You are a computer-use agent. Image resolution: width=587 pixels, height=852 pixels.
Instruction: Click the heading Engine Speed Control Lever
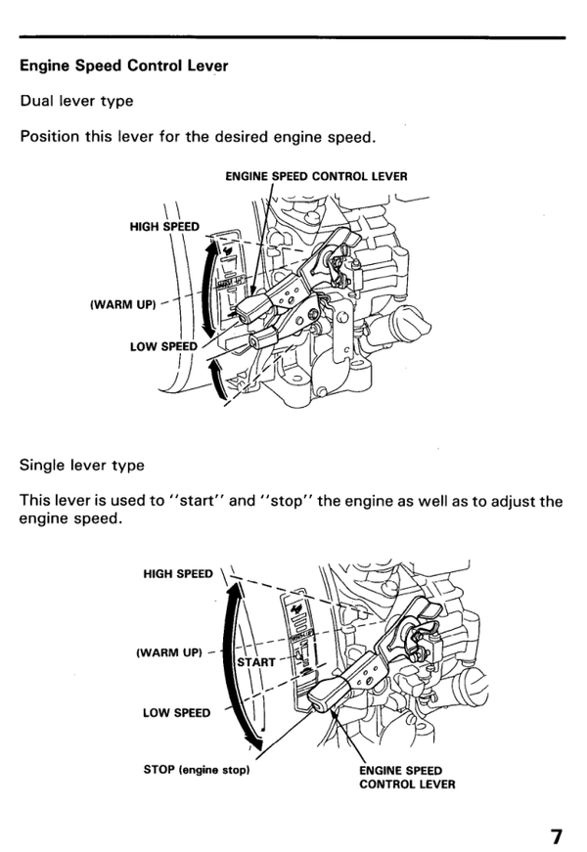(123, 67)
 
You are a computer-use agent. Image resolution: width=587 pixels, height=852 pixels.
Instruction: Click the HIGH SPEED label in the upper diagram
(164, 227)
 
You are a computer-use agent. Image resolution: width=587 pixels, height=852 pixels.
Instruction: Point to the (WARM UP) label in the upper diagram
(122, 304)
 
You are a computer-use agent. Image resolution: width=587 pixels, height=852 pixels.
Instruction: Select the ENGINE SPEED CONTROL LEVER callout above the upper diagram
(316, 177)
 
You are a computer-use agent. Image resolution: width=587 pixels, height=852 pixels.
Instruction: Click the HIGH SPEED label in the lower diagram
(177, 575)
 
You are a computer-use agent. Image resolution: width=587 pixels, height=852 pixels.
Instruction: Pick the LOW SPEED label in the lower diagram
(176, 712)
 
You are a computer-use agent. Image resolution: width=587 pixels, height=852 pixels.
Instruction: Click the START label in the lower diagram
(256, 662)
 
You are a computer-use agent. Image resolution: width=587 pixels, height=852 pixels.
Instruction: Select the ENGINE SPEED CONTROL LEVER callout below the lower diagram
(401, 777)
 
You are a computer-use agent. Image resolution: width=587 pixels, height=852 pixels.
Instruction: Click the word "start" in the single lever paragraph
(196, 502)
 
